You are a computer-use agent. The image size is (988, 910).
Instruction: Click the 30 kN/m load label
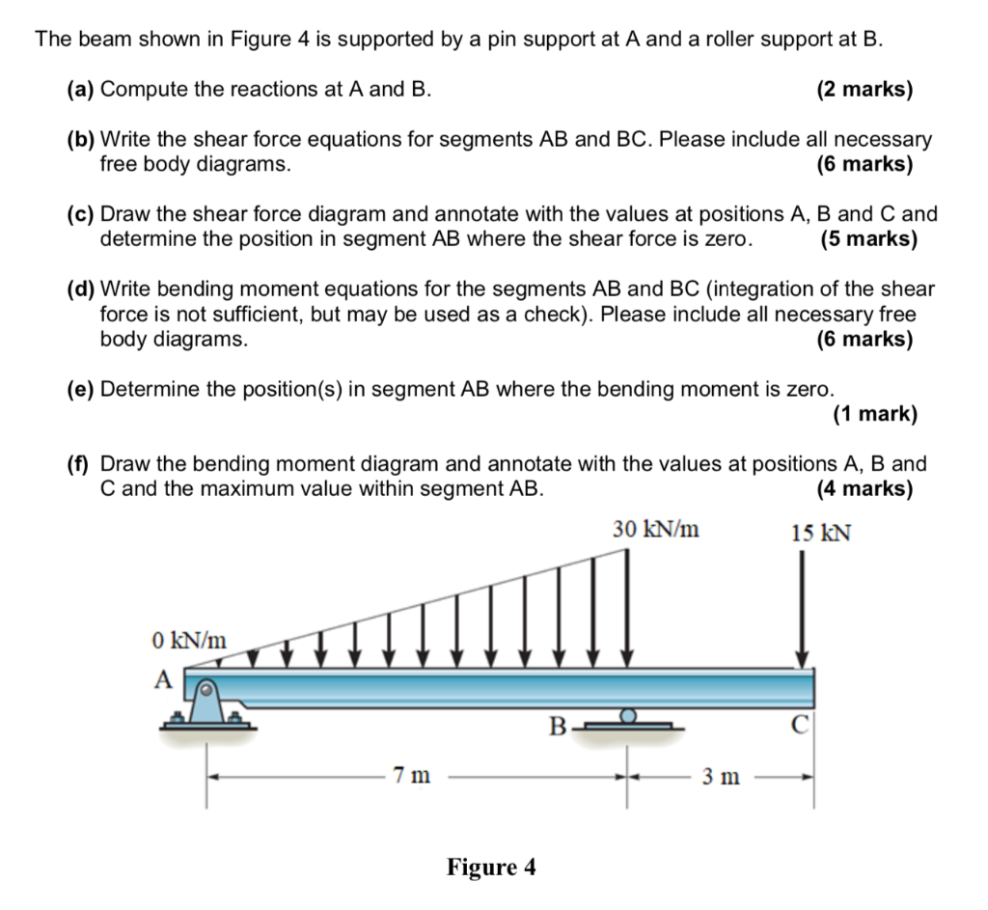(656, 530)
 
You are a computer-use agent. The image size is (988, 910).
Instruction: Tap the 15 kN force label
(820, 534)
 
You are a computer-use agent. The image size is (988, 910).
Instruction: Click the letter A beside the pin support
(163, 679)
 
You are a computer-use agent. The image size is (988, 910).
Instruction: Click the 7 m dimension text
(412, 775)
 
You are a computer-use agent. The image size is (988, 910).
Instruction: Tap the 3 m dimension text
(722, 776)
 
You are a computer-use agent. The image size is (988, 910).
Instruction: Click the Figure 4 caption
(491, 867)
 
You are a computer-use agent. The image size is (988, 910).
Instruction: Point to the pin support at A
(206, 703)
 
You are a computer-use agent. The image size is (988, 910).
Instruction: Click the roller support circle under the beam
(628, 716)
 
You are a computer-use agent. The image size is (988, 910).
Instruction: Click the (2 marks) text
(864, 90)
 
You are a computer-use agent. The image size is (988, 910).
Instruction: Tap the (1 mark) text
(874, 414)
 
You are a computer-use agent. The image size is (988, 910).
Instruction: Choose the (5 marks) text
(868, 238)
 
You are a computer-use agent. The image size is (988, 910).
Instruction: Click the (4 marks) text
(864, 488)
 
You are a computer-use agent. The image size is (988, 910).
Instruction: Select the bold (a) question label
(81, 90)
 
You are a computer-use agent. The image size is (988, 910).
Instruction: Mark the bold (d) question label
(81, 289)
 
